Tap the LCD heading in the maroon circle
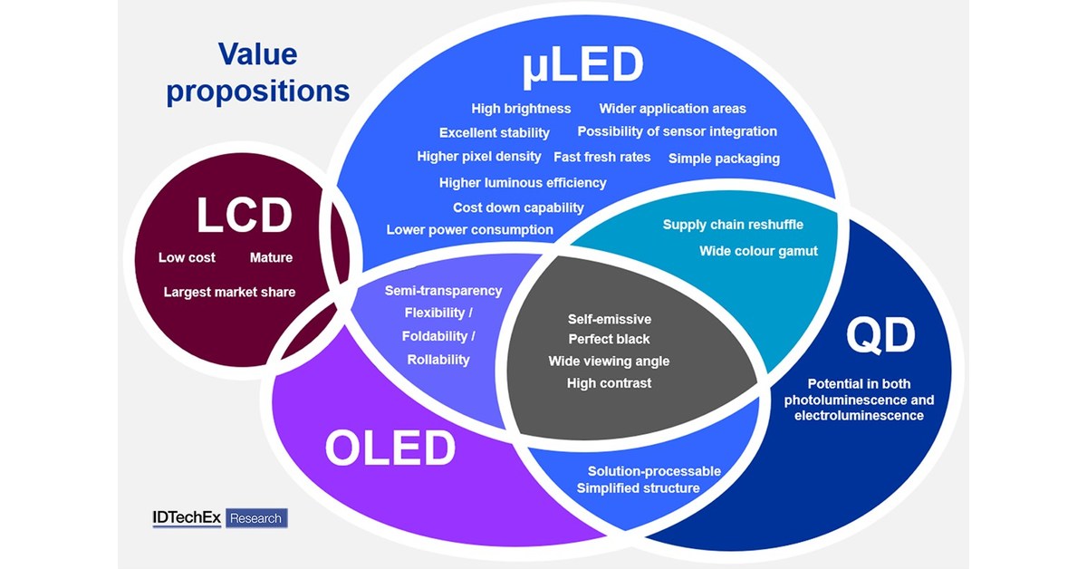click(245, 217)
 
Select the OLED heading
click(390, 448)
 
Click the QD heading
click(880, 336)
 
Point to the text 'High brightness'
click(521, 109)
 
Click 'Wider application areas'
click(672, 109)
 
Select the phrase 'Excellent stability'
click(494, 133)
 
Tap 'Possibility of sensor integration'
click(677, 131)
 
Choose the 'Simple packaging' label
click(724, 159)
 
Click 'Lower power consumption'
click(469, 230)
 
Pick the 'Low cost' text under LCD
click(187, 257)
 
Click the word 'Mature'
click(271, 257)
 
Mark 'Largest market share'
click(229, 292)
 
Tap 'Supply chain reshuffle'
click(733, 225)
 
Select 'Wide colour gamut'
click(758, 251)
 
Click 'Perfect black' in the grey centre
click(609, 340)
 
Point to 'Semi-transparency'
click(443, 291)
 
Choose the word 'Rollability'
click(438, 360)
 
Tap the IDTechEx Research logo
click(220, 518)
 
